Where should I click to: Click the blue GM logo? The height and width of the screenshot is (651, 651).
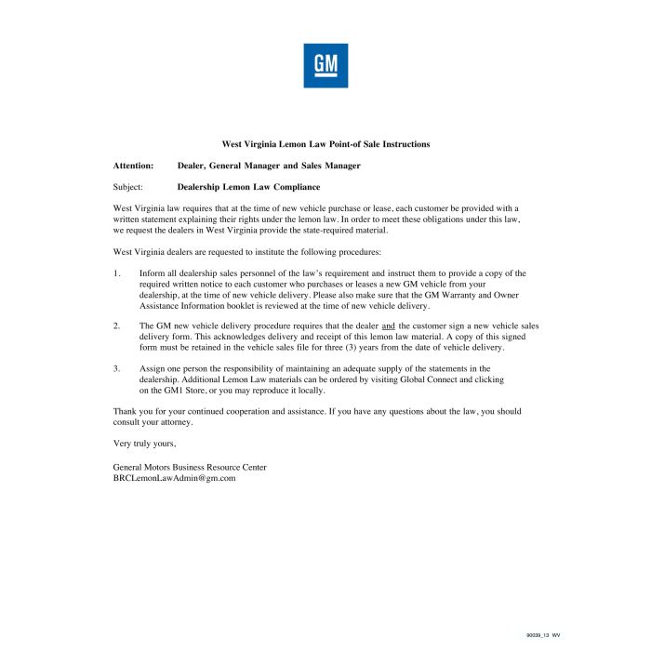325,65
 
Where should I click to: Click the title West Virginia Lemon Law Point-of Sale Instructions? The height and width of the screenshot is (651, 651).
325,144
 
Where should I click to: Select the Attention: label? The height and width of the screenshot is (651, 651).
133,166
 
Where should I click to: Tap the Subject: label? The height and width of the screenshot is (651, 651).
127,187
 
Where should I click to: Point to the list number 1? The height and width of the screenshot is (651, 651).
116,273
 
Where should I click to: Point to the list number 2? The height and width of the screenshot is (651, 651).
116,326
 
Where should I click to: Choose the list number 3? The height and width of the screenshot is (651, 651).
116,369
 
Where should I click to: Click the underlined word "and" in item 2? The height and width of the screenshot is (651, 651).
389,326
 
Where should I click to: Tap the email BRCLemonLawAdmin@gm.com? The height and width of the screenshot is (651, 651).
174,477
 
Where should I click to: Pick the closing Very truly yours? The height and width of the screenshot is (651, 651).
144,443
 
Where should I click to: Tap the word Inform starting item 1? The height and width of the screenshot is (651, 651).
152,273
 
